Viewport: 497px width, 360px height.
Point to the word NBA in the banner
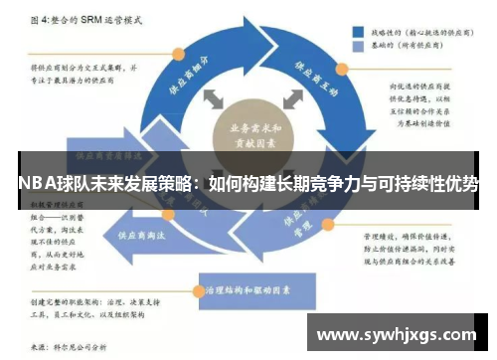click(34, 184)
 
